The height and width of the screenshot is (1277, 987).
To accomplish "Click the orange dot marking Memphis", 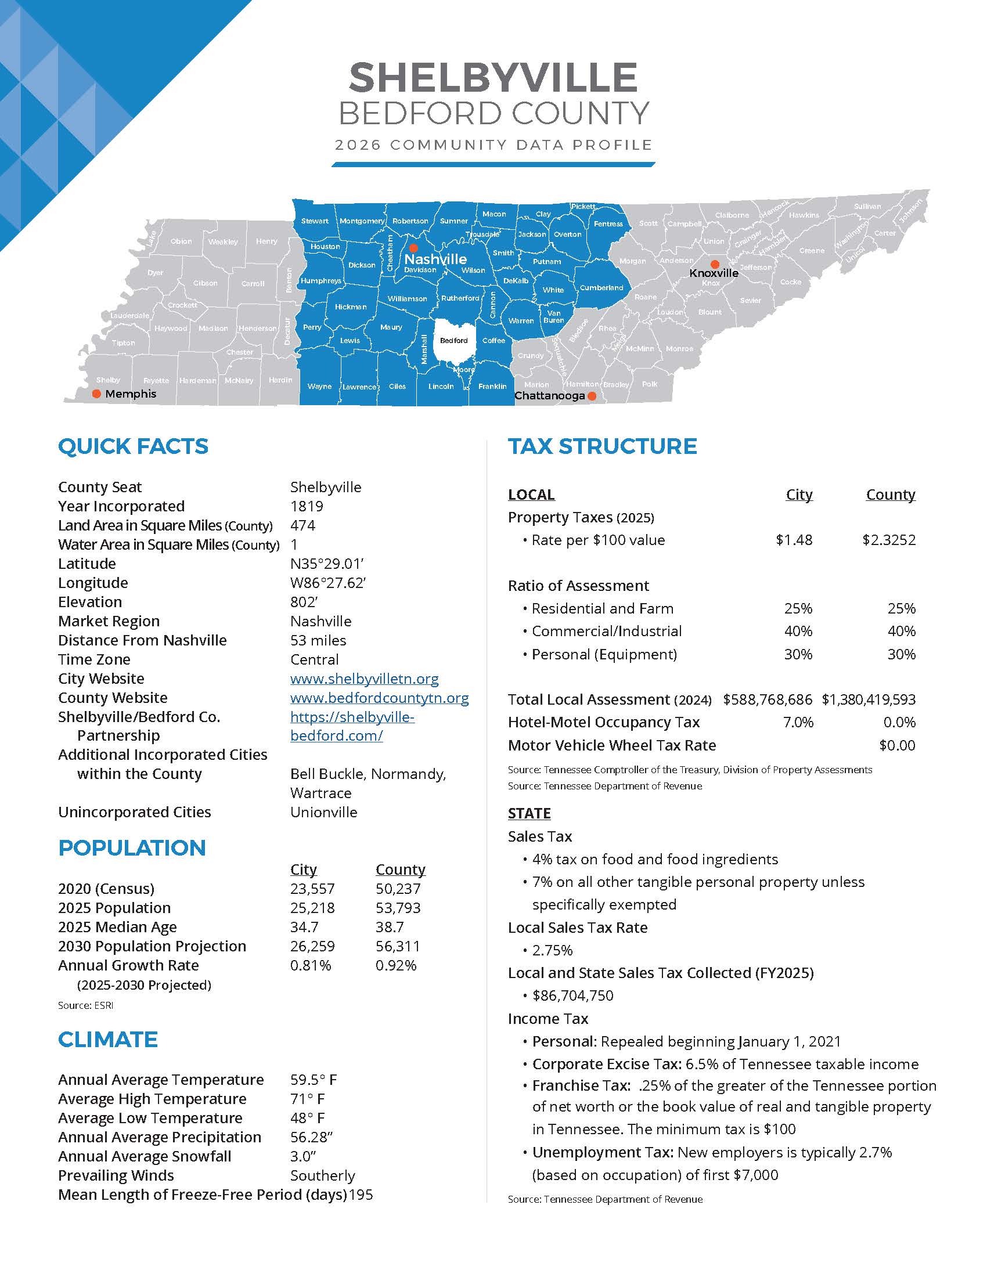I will (97, 394).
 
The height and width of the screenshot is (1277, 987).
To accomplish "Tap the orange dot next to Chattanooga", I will (592, 396).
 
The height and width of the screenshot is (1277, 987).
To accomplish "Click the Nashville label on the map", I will (435, 259).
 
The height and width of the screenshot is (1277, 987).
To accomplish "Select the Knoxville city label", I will (714, 273).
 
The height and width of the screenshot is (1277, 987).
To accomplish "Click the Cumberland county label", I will (601, 288).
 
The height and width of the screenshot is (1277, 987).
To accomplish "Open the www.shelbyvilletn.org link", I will (364, 679).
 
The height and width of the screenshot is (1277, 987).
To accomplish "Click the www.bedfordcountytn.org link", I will (380, 698).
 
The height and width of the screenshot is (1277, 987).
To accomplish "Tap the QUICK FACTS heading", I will (133, 447).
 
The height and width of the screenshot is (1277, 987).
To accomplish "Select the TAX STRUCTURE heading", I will (602, 447).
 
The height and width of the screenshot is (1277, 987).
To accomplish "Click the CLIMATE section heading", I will (107, 1040).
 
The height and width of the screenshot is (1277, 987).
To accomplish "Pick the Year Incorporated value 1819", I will (307, 506).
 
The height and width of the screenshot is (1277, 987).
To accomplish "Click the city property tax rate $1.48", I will (794, 540).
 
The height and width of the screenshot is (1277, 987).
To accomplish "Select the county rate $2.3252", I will (889, 540).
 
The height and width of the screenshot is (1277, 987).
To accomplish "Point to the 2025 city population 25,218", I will (312, 908).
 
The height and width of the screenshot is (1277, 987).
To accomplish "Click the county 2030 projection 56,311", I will (398, 946).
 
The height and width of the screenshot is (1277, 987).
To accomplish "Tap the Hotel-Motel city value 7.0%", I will (798, 723).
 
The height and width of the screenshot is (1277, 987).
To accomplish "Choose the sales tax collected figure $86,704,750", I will (572, 995).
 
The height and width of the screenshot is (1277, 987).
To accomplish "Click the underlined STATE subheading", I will (529, 813).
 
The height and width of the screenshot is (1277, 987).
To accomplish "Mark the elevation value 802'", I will (303, 603).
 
